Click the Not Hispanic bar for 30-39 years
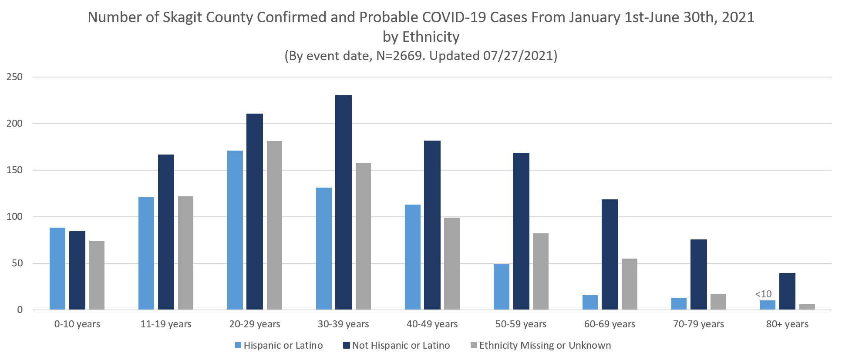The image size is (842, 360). pos(344,202)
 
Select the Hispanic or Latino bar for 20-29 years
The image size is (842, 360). pos(235,230)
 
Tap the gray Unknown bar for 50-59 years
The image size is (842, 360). pos(540,272)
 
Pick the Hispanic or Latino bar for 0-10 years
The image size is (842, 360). pos(57,269)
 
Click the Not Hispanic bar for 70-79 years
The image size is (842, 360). pos(698,275)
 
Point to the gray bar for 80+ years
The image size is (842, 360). pos(807,307)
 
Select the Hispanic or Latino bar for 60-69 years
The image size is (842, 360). pos(589,303)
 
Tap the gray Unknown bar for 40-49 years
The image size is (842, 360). pos(451,264)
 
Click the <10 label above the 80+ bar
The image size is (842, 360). pos(763,294)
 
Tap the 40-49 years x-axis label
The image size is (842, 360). pos(432,324)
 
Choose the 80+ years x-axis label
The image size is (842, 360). pos(787,324)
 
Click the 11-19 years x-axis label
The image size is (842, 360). pos(166,324)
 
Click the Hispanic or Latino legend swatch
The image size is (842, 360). pos(238,346)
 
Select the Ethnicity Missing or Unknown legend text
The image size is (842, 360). pos(545,346)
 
